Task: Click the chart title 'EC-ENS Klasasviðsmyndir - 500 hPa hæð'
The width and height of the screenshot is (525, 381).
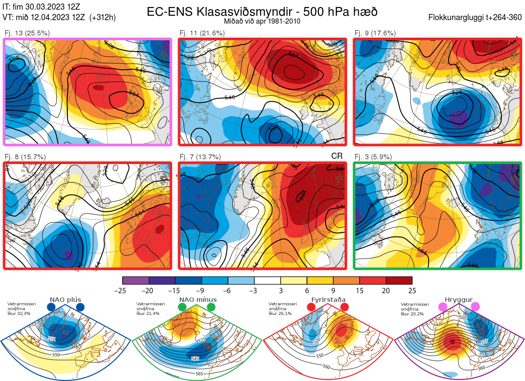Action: (262, 12)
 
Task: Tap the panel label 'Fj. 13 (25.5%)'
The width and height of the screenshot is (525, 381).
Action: (27, 33)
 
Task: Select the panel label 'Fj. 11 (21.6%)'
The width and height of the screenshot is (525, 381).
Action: (202, 33)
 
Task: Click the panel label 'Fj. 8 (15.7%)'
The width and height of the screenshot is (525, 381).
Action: (25, 157)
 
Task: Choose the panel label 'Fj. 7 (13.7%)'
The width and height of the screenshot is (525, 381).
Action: (200, 157)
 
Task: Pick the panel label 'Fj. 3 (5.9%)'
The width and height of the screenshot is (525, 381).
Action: (373, 157)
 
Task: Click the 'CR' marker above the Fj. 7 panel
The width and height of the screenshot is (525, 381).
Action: (336, 156)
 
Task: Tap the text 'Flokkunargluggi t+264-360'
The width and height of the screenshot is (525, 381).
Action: (476, 18)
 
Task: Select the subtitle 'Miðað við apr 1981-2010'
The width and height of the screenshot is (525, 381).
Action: (262, 21)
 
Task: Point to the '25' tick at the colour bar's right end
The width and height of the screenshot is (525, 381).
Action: (412, 290)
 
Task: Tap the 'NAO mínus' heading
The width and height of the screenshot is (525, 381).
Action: (198, 300)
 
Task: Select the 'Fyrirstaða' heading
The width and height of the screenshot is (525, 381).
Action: (328, 300)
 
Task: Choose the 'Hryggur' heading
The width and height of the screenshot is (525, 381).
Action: (458, 300)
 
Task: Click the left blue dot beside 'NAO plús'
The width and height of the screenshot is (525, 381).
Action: (51, 308)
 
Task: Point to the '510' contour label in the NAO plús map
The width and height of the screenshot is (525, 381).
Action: (52, 339)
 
